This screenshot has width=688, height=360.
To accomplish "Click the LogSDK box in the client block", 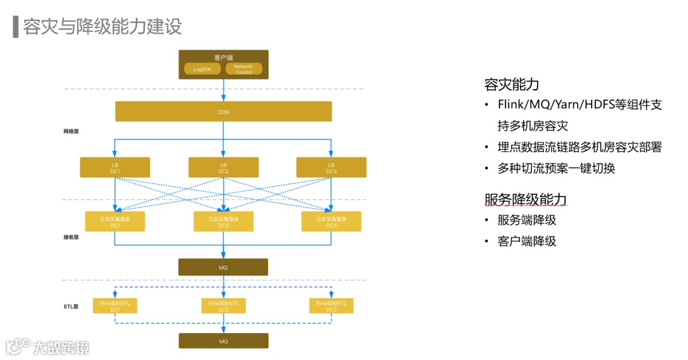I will coord(202,69).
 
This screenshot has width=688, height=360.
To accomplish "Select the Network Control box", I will coord(243,69).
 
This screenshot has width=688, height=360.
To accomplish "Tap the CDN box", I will coord(223,112).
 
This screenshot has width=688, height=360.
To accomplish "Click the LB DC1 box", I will coord(115,168).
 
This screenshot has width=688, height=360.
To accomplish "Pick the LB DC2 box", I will coord(223,168).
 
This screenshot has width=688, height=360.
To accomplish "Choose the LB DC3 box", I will coord(331,168).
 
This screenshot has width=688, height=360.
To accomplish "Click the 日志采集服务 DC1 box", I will coord(115,222).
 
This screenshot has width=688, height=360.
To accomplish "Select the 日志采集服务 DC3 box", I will coord(331,222).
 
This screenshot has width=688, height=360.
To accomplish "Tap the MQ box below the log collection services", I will coord(223,267).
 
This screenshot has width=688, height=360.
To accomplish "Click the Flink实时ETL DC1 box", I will coord(115,306).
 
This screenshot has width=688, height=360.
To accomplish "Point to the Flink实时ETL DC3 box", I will coord(331,306).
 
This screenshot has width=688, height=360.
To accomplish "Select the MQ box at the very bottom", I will coord(223,341).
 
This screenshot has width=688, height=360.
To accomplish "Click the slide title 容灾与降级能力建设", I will coord(103,27).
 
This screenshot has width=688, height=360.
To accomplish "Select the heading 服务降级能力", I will coord(526,199).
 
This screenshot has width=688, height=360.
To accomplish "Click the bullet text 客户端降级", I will coord(527,241).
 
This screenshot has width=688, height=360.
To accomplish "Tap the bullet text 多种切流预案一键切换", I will coord(556,169).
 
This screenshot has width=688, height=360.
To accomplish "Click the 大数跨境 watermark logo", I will coord(48,347).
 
